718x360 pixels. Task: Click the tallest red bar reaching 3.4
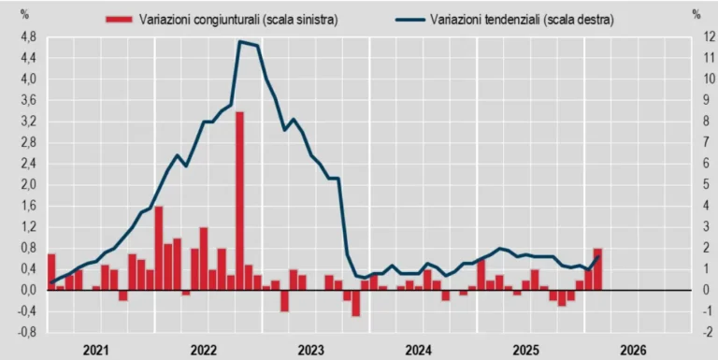point(240,200)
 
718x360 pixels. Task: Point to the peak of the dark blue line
point(241,42)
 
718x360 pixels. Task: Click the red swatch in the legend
point(118,19)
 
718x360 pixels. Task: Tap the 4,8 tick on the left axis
point(28,36)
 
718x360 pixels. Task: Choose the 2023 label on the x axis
point(311,350)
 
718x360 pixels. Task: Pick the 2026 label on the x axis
point(633,350)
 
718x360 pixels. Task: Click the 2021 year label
point(96,350)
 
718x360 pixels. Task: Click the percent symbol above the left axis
point(25,14)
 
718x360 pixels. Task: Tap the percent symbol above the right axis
point(696,14)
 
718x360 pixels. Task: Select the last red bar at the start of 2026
point(597,269)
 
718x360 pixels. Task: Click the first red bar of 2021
point(51,272)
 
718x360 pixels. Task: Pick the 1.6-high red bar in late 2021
point(159,248)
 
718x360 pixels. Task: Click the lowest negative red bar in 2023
point(356,303)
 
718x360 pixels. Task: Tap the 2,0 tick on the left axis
point(28,184)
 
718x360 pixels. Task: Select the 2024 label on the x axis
point(419,350)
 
